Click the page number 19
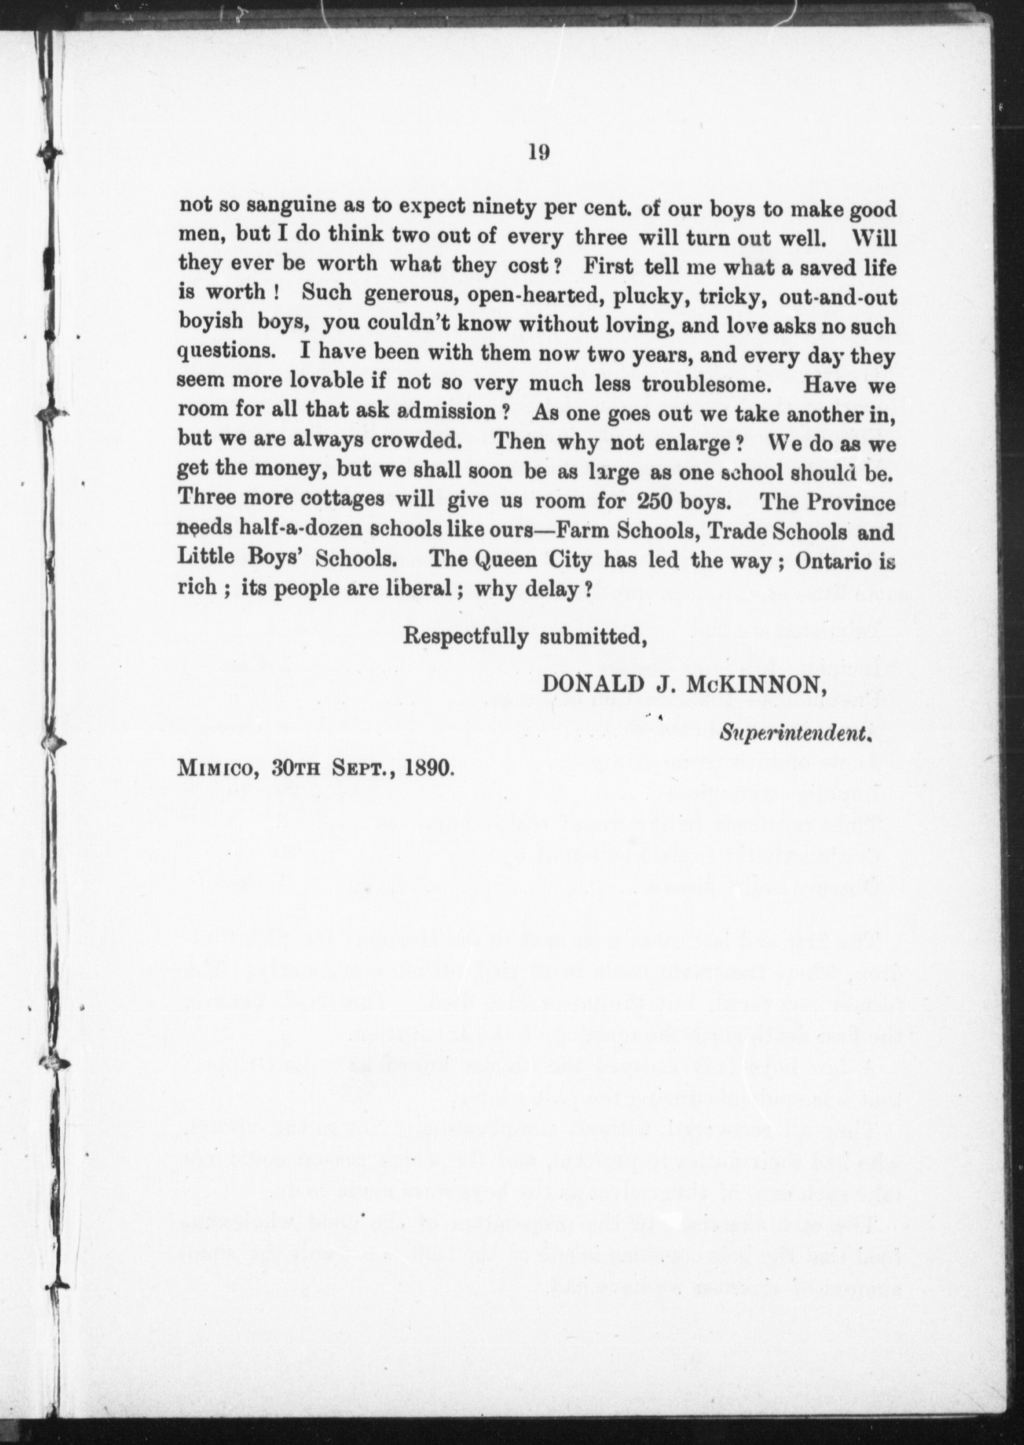tap(540, 154)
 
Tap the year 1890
tap(427, 767)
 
